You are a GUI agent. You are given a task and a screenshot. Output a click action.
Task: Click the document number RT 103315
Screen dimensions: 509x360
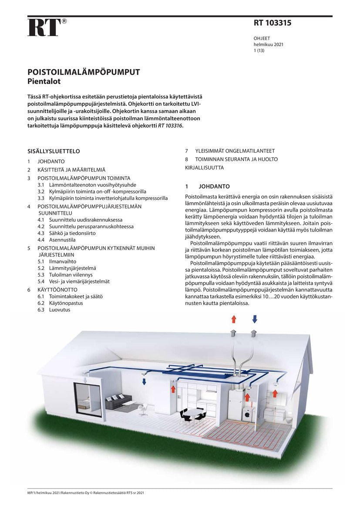click(x=273, y=24)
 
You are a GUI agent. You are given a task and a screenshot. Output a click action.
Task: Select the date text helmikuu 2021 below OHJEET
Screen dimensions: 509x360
click(x=269, y=44)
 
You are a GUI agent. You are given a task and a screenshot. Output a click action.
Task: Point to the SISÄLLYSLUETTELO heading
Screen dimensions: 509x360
click(x=54, y=152)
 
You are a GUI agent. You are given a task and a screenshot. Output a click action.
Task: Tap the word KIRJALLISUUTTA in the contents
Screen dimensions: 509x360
click(x=205, y=168)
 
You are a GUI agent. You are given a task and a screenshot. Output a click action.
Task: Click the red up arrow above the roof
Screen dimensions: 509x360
click(x=234, y=319)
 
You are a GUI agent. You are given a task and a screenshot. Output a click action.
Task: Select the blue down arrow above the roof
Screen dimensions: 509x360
click(x=255, y=319)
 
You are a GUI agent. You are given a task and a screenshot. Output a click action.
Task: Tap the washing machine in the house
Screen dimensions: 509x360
click(x=247, y=415)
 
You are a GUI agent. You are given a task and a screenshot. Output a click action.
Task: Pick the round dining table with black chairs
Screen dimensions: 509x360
click(x=192, y=415)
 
